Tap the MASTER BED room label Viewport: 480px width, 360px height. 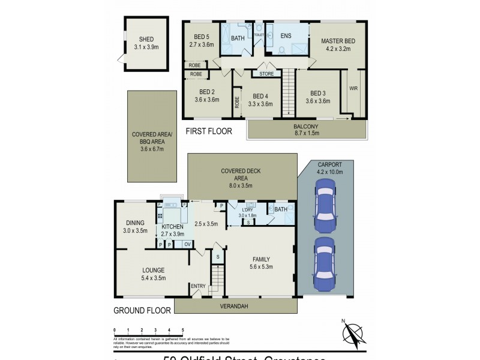(x=338, y=41)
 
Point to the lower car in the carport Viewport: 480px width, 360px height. (x=324, y=263)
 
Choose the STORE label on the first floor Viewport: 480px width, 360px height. (x=266, y=74)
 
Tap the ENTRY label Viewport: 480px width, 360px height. (x=198, y=286)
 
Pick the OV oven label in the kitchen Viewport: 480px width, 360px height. (x=187, y=244)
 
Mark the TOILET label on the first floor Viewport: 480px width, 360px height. (x=259, y=35)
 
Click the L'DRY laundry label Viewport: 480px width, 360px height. (x=247, y=210)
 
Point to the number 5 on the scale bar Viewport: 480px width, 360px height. (x=183, y=331)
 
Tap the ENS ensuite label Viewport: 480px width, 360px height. (x=286, y=35)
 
